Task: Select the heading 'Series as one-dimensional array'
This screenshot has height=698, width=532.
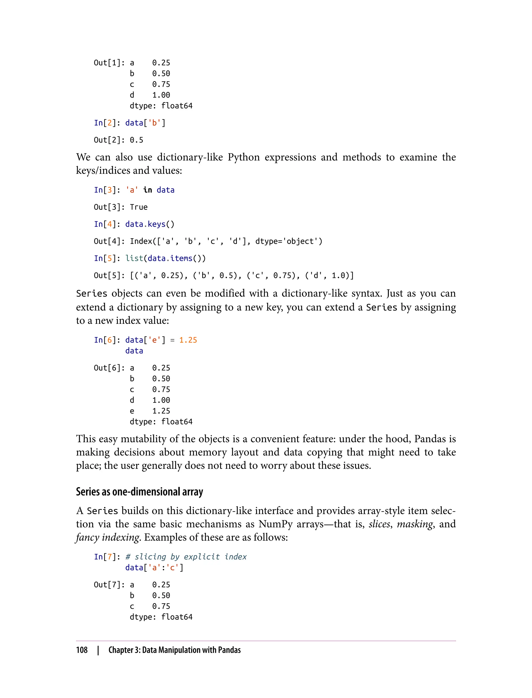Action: pos(139,492)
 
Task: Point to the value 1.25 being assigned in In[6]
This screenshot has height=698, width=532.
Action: pos(188,340)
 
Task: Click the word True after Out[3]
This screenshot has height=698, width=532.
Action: pos(139,207)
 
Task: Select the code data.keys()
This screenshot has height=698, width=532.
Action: pos(150,224)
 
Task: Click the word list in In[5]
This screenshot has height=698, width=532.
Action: pos(134,258)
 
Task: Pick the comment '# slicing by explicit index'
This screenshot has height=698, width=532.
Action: pos(186,557)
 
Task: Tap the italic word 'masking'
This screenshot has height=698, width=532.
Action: pos(415,524)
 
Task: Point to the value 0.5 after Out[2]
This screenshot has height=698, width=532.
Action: pos(136,140)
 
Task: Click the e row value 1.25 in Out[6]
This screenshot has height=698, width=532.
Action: pos(161,411)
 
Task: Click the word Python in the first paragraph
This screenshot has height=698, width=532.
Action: pos(243,157)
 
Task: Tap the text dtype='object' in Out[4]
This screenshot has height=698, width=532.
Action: pos(289,241)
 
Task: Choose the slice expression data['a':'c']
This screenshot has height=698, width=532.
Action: pos(154,568)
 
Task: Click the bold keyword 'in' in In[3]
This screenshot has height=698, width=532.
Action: pos(148,190)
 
